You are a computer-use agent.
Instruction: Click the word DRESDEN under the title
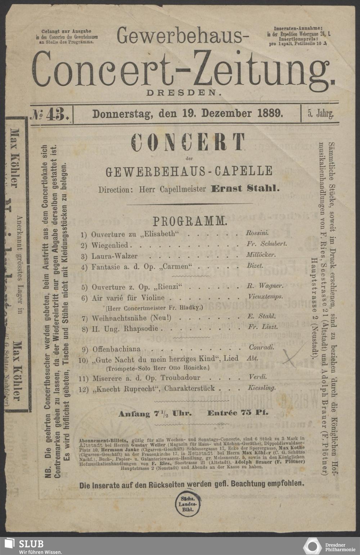183,92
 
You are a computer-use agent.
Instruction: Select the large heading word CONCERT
188,142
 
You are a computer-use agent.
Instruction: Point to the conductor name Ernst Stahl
245,188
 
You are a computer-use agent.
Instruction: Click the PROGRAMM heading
190,221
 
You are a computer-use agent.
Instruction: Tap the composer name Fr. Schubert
267,244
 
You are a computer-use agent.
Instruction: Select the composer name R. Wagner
265,286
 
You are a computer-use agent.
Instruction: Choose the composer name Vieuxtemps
266,297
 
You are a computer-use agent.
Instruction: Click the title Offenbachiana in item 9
117,349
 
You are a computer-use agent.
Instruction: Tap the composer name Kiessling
262,388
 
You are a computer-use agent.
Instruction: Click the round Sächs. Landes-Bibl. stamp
186,504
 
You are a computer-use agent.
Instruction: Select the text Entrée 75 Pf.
238,413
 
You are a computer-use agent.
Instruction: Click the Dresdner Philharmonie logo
329,545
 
